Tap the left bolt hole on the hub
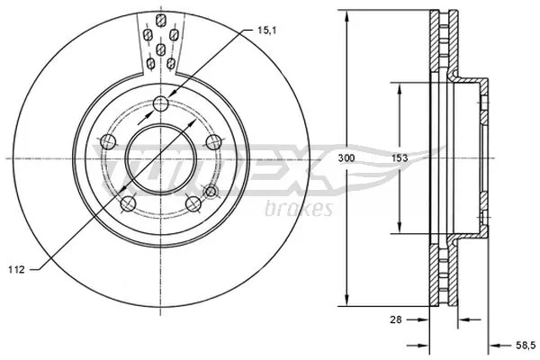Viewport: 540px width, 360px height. [108, 140]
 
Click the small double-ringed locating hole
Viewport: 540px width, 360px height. [211, 191]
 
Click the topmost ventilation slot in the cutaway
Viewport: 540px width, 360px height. [159, 20]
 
